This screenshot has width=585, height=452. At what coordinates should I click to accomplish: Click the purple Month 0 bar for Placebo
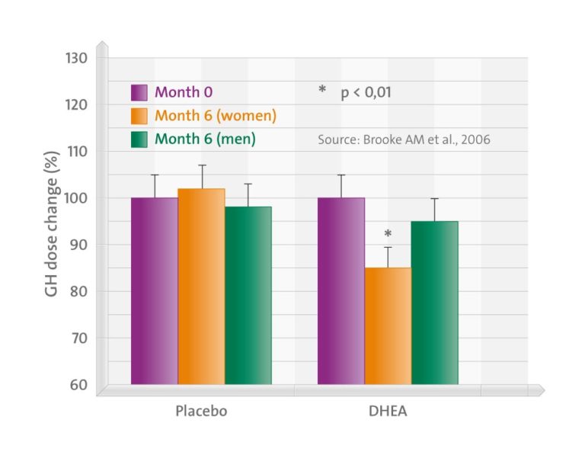pos(154,290)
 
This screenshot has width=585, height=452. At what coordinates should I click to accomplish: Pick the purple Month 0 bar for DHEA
pos(340,290)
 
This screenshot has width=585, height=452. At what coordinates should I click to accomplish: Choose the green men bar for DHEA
pos(434,302)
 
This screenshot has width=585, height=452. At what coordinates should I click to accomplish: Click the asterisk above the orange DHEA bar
pos(388,234)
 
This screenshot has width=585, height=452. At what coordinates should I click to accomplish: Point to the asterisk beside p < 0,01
pos(322,91)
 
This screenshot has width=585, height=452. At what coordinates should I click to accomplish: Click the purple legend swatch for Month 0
pos(139,93)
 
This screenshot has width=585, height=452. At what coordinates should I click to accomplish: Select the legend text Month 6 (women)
pos(216,116)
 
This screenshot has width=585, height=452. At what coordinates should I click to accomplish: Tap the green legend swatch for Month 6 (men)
pos(139,139)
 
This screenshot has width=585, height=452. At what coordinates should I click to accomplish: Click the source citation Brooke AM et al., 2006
pos(404,140)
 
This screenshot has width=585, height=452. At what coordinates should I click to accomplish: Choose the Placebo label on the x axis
pos(201,412)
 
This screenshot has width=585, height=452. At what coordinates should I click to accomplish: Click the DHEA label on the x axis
pos(388,412)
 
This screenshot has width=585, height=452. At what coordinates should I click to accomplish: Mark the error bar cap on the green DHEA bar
pos(434,198)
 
